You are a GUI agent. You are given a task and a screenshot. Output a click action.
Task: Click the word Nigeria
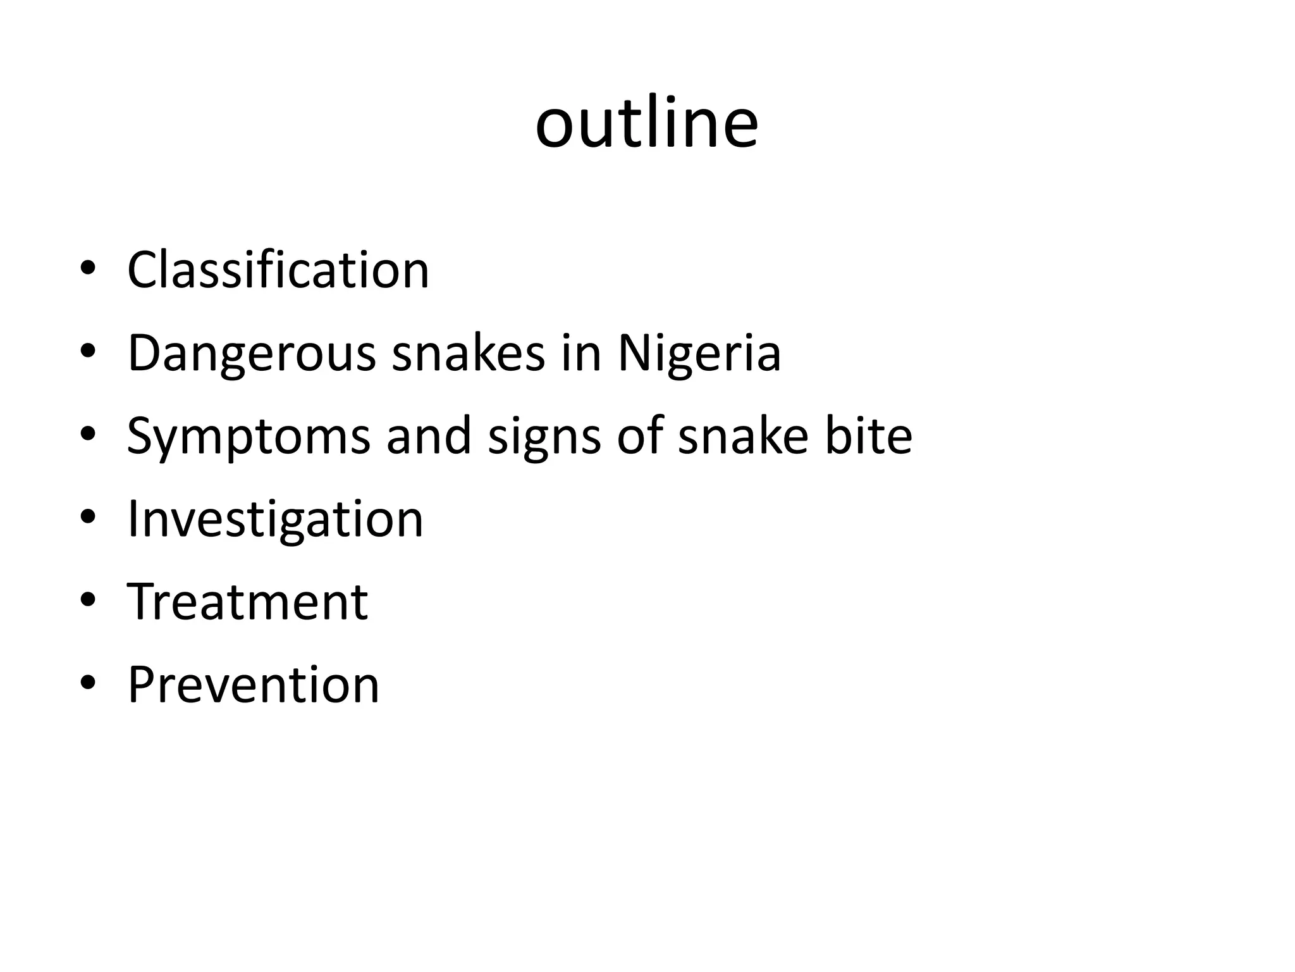[699, 352]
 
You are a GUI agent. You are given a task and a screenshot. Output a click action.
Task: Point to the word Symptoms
[249, 436]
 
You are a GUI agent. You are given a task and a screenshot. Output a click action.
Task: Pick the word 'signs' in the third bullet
[544, 437]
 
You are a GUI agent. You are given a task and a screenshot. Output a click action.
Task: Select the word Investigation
[275, 520]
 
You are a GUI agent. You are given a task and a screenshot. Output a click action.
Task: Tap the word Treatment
[248, 601]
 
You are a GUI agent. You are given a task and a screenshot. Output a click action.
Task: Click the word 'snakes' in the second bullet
[469, 352]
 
